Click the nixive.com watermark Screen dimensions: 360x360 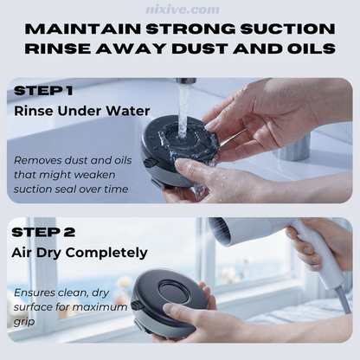(183, 10)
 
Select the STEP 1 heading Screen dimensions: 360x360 (43, 91)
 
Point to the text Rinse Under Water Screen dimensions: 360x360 (82, 111)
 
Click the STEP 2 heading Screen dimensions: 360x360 (43, 232)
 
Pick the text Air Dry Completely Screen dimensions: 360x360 (80, 253)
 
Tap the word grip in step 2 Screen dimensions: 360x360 (24, 322)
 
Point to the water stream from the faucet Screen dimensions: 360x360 (183, 111)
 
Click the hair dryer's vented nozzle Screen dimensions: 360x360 (223, 231)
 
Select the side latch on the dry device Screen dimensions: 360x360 (135, 306)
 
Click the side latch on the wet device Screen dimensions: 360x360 (149, 164)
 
